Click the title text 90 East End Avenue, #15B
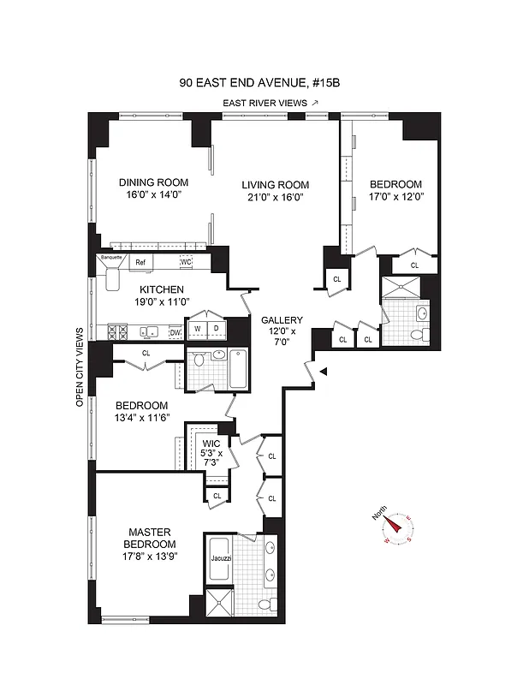tap(264, 83)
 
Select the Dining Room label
tap(153, 182)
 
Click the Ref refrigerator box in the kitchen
tap(140, 262)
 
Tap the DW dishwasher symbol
tap(175, 332)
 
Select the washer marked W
tap(198, 328)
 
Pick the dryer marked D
tap(217, 328)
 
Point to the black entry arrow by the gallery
tap(322, 371)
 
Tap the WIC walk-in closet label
tap(211, 443)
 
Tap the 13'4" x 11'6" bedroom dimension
tap(138, 418)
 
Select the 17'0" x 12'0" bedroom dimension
tap(395, 197)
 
